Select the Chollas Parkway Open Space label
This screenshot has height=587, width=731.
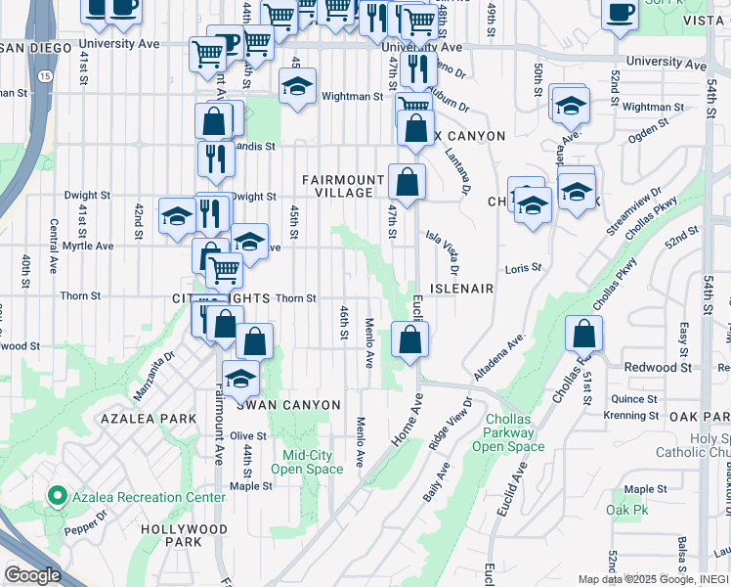pos(509,432)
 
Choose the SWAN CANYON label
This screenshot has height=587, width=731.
pos(288,405)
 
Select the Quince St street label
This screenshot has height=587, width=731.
pos(634,399)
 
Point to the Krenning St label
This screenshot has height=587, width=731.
pos(631,416)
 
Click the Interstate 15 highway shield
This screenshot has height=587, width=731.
pos(48,75)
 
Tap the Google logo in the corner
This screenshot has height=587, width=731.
pos(33,575)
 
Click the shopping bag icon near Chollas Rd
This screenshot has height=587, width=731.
pos(583,334)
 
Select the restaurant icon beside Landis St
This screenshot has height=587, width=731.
pos(215,157)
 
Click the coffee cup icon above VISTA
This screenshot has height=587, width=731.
pos(620,12)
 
